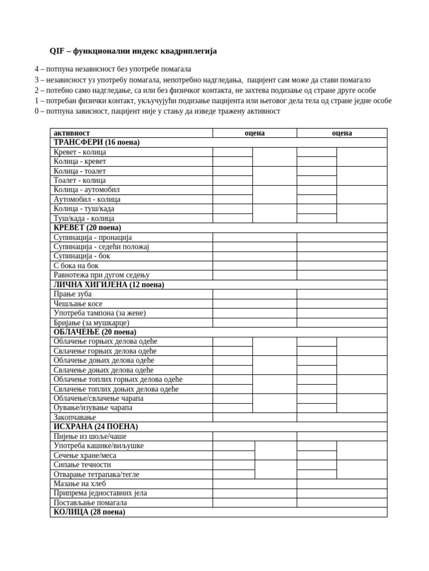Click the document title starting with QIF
133,51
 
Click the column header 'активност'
71,133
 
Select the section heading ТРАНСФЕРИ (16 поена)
97,143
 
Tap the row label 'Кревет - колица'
80,152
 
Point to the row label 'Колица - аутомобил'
87,190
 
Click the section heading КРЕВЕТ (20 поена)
87,228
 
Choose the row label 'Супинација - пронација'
93,238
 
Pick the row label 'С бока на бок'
76,266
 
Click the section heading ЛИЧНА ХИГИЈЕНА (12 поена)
109,285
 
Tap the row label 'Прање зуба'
73,294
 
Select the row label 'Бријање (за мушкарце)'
92,323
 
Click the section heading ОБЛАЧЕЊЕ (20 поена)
95,332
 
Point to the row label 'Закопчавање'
75,418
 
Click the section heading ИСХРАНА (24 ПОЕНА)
96,427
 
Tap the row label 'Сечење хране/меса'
85,456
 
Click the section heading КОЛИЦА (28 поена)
89,512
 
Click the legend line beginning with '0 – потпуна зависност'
158,112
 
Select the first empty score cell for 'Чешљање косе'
254,304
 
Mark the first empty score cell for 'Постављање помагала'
254,503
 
